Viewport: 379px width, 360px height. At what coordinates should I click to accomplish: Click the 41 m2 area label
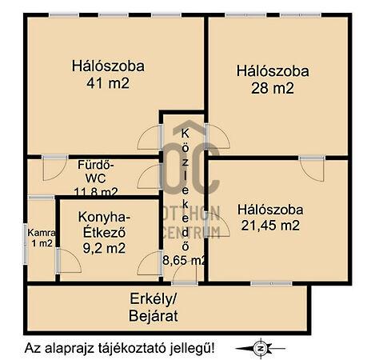tap(108, 83)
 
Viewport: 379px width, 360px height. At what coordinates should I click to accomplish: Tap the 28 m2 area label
tap(273, 88)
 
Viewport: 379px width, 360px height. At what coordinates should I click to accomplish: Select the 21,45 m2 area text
tap(270, 226)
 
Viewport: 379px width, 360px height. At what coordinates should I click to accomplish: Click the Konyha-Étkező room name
tap(104, 225)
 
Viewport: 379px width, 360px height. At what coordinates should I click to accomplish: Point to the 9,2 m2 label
tap(104, 249)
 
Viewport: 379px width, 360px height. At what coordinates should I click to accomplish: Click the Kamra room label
tap(42, 233)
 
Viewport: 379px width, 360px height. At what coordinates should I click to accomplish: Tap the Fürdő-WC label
tap(96, 171)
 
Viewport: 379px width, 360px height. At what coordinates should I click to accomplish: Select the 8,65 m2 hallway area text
tap(184, 260)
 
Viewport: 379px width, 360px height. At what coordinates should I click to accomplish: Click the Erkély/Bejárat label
tap(154, 307)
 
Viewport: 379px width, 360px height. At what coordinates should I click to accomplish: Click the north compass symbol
tap(261, 348)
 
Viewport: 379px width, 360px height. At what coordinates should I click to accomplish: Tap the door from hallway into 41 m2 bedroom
tap(150, 138)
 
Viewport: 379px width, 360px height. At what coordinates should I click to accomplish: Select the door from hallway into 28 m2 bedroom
tap(217, 137)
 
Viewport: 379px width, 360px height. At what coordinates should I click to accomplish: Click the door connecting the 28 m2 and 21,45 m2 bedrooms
tap(312, 169)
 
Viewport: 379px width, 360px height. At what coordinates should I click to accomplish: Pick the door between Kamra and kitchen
tap(69, 261)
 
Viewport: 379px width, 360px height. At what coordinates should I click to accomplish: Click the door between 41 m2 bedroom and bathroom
tap(55, 168)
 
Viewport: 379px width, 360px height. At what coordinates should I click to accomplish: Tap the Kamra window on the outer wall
tap(26, 244)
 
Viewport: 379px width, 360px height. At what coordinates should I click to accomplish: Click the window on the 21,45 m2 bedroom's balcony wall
tap(271, 283)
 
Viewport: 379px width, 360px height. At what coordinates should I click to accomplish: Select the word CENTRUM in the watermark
tap(191, 232)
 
